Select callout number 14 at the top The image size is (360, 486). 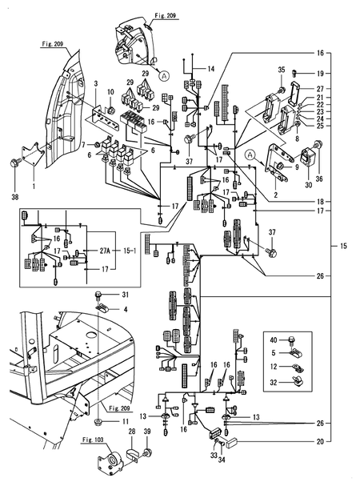pyautogui.click(x=211, y=70)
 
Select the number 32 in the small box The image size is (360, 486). pyautogui.click(x=273, y=384)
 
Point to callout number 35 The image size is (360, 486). pyautogui.click(x=282, y=70)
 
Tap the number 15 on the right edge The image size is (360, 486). pyautogui.click(x=344, y=244)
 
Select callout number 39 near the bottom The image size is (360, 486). pyautogui.click(x=147, y=454)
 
